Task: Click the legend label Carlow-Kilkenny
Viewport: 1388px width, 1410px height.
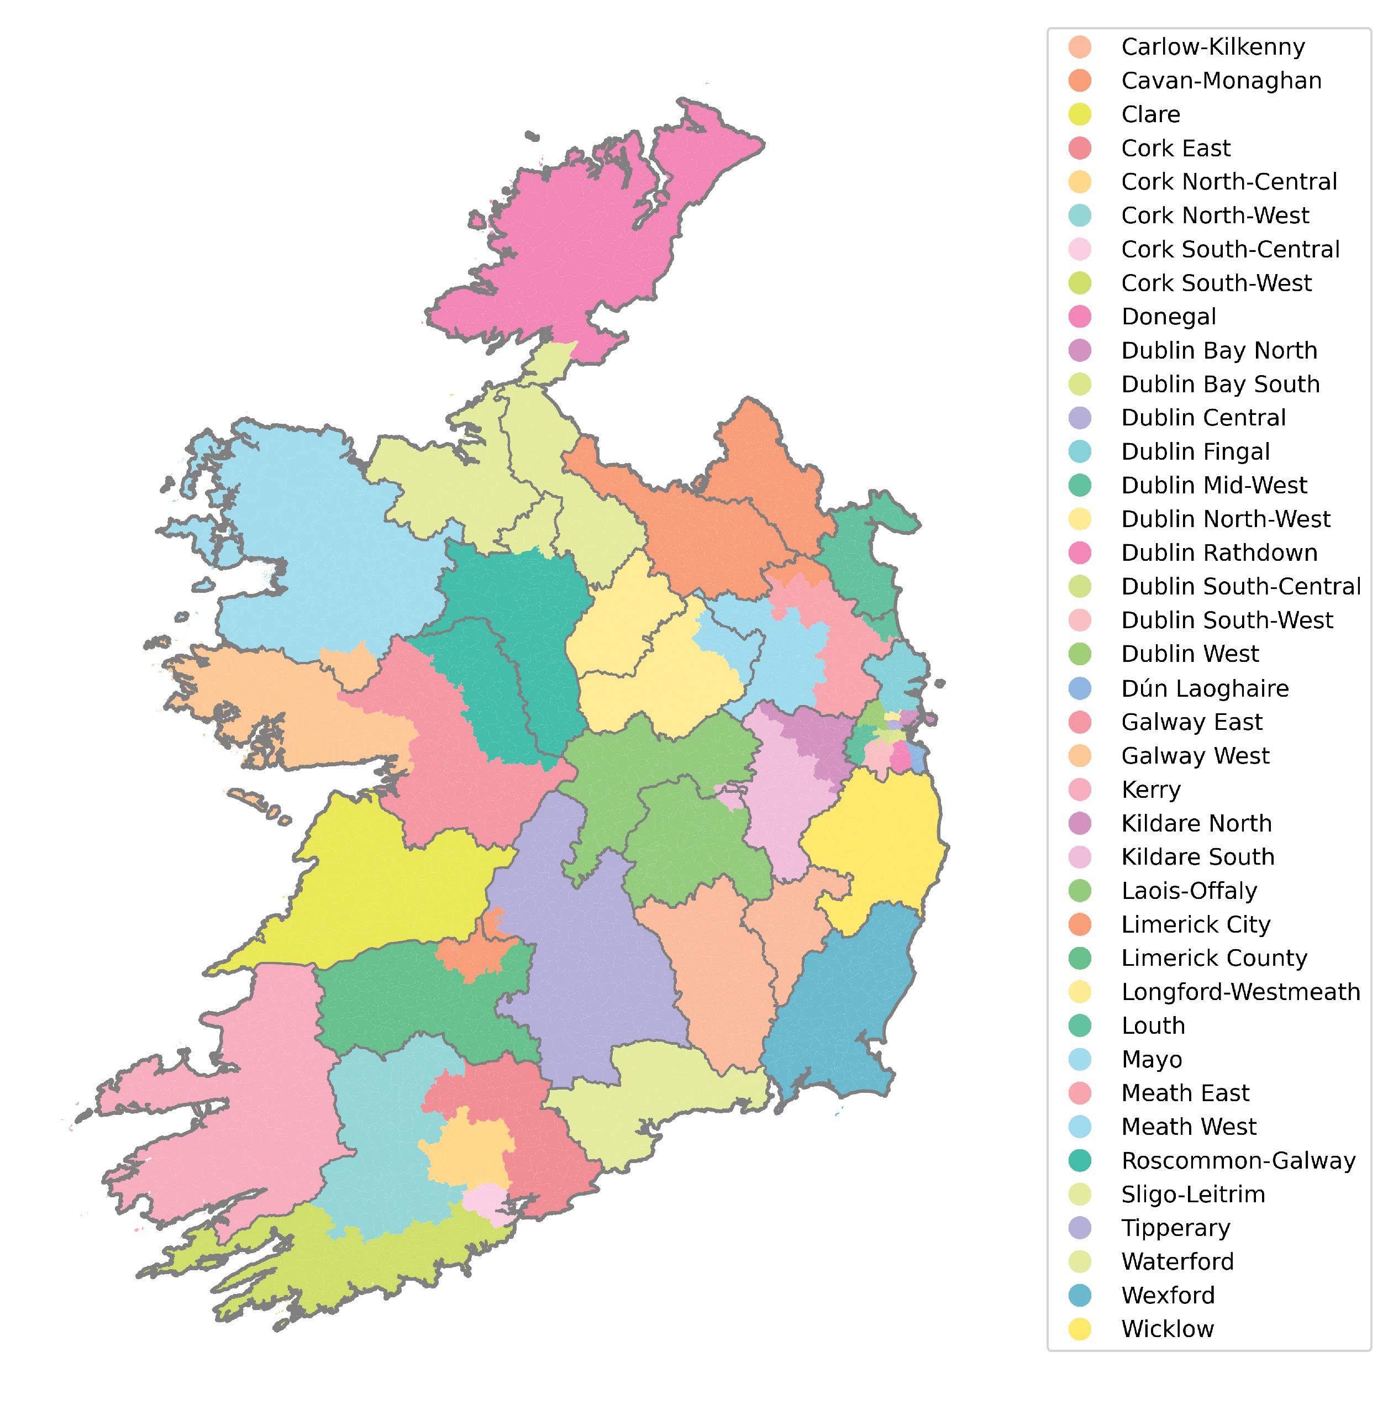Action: (x=1212, y=46)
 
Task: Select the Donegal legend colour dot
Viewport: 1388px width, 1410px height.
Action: (x=1080, y=317)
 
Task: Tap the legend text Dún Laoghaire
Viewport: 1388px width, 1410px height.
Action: (x=1205, y=688)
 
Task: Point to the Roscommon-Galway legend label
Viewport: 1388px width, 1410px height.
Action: (x=1238, y=1160)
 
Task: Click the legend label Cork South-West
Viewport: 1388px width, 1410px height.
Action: (x=1216, y=283)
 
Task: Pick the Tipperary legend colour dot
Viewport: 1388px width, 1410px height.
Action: (x=1080, y=1228)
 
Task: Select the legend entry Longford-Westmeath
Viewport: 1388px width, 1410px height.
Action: (x=1240, y=992)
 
